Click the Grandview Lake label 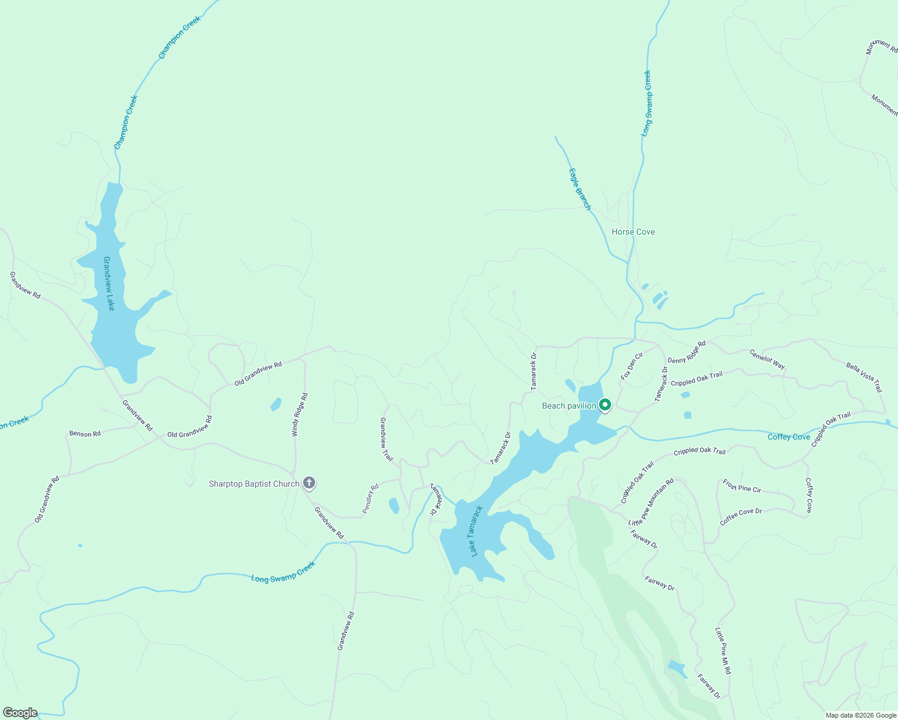109,284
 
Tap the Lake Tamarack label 477,531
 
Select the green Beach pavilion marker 605,406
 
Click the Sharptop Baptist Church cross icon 309,483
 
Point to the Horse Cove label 633,232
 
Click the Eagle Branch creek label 580,189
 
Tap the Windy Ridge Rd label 300,415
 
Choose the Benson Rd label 85,433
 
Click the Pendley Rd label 370,499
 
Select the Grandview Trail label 386,440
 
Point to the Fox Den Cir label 631,366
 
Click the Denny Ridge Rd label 687,353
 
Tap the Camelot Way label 767,359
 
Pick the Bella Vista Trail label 864,377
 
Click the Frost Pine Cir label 742,486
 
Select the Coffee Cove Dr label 741,517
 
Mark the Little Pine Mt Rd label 723,651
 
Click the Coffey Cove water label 789,437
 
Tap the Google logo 20,713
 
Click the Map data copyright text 861,715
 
